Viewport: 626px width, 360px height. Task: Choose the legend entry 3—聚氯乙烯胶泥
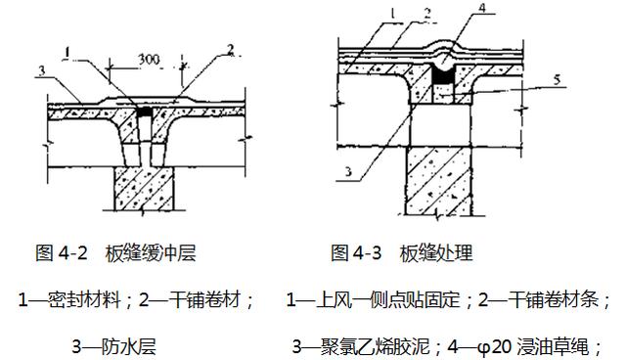(362, 345)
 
